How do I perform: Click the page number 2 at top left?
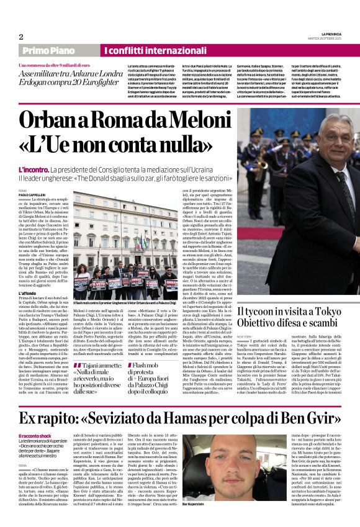tap(21, 37)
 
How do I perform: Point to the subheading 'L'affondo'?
tap(29, 293)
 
